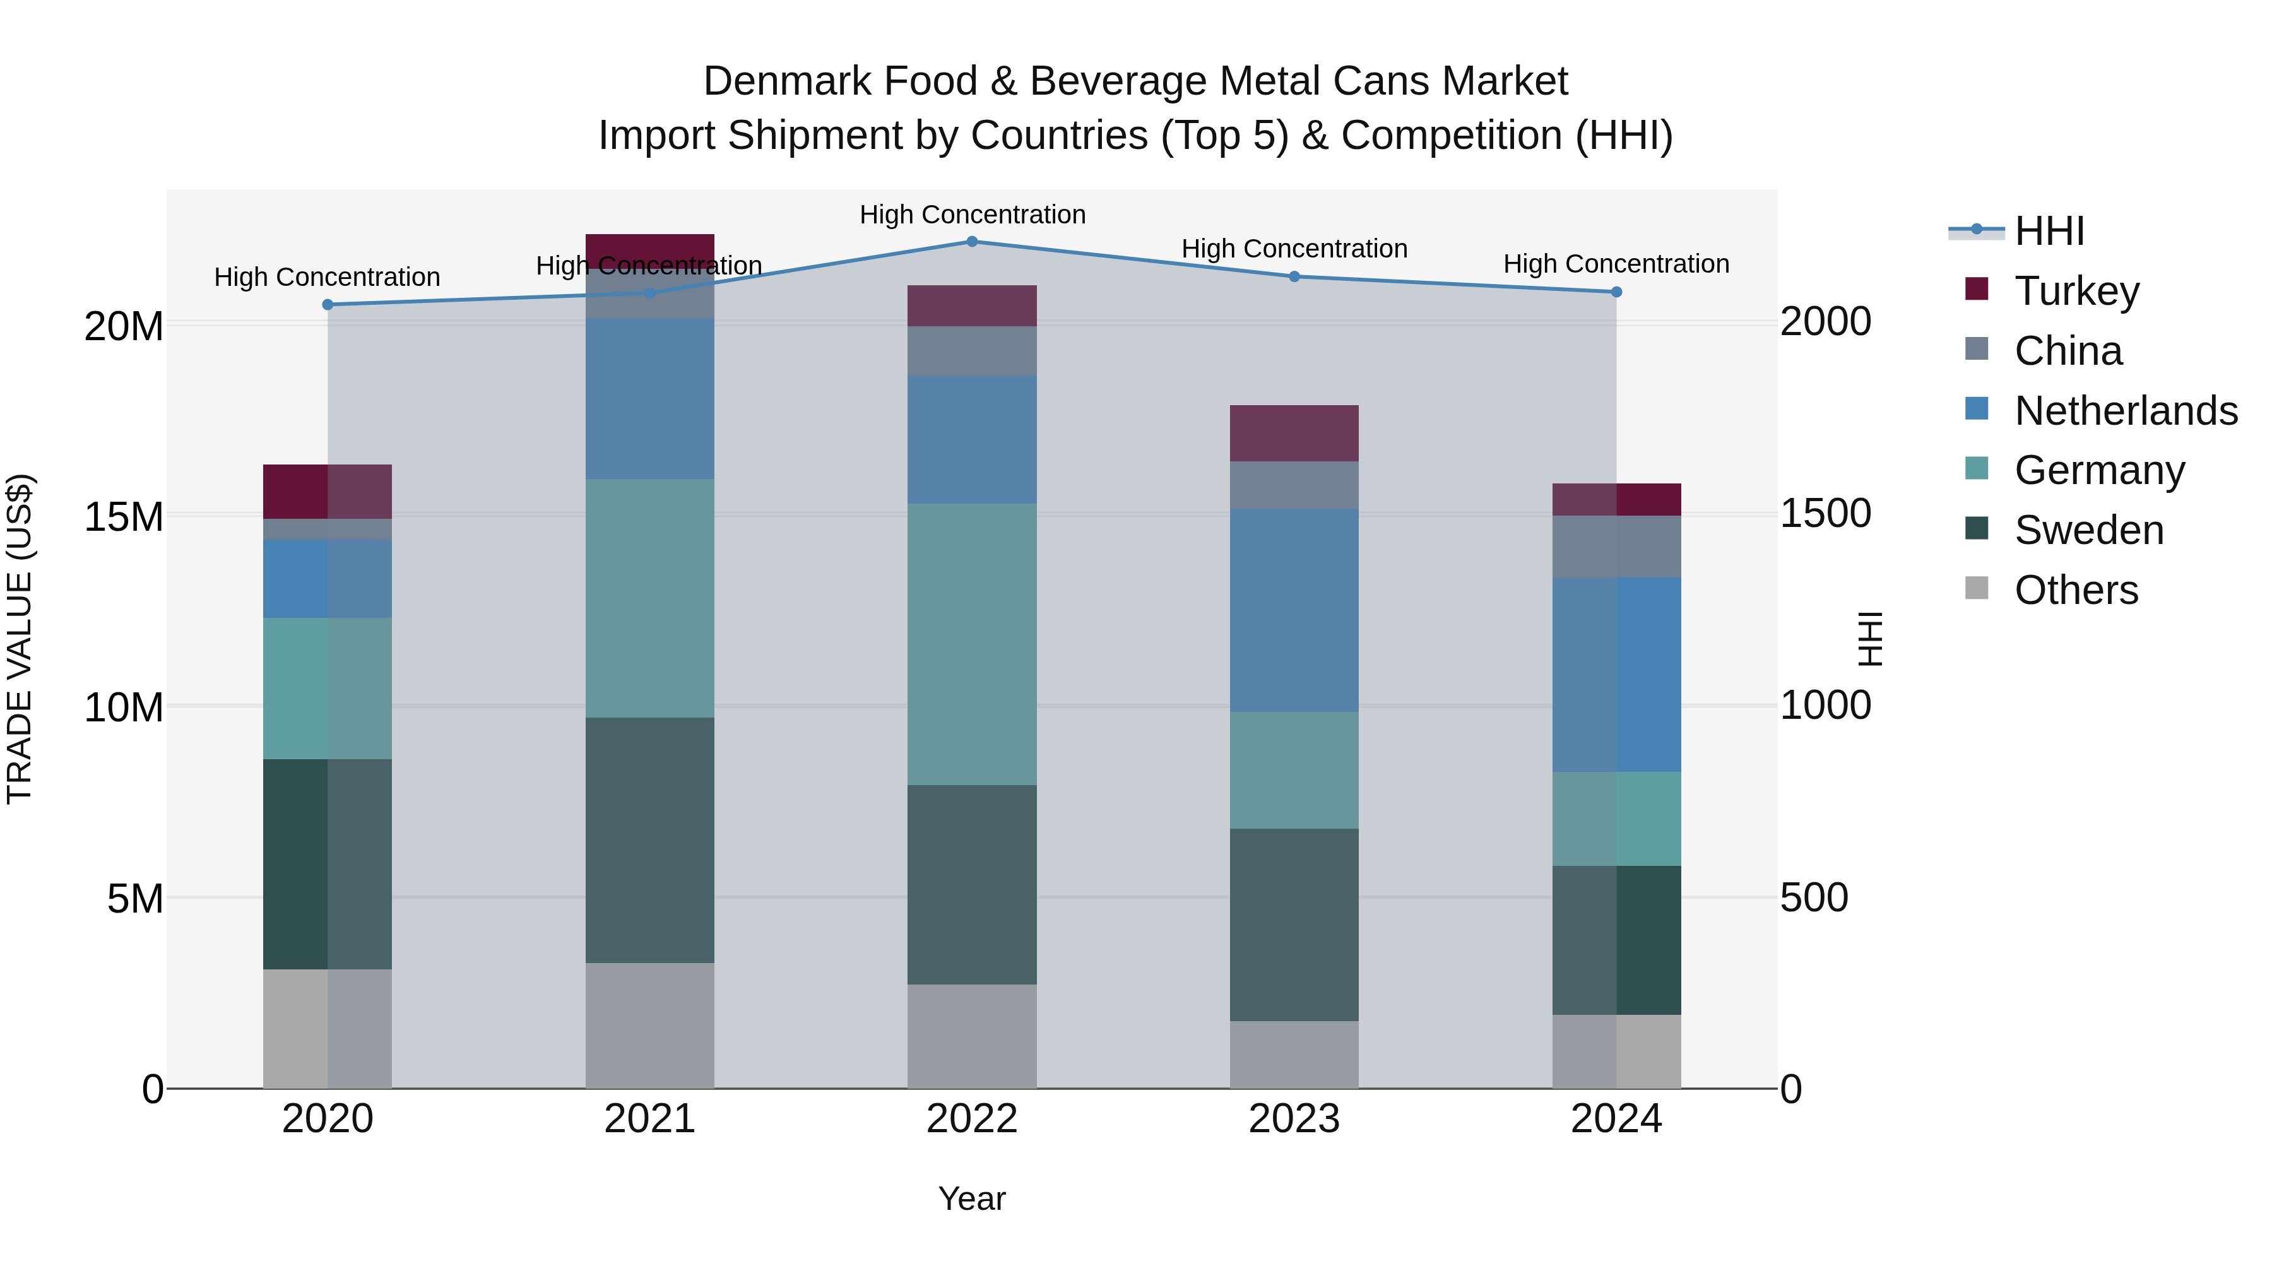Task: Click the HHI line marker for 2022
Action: (972, 241)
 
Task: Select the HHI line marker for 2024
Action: (1616, 292)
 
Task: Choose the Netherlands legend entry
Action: (2126, 410)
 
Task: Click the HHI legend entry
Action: (2049, 231)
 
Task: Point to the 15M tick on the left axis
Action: (124, 517)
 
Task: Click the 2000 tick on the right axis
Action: (1825, 321)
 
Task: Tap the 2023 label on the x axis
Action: (1294, 1119)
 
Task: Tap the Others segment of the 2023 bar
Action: (1294, 1054)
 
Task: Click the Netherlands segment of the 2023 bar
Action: (1294, 610)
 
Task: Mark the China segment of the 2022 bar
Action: (972, 351)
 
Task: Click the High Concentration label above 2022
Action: (972, 215)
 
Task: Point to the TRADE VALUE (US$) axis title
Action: (20, 639)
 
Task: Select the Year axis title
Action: (972, 1198)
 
